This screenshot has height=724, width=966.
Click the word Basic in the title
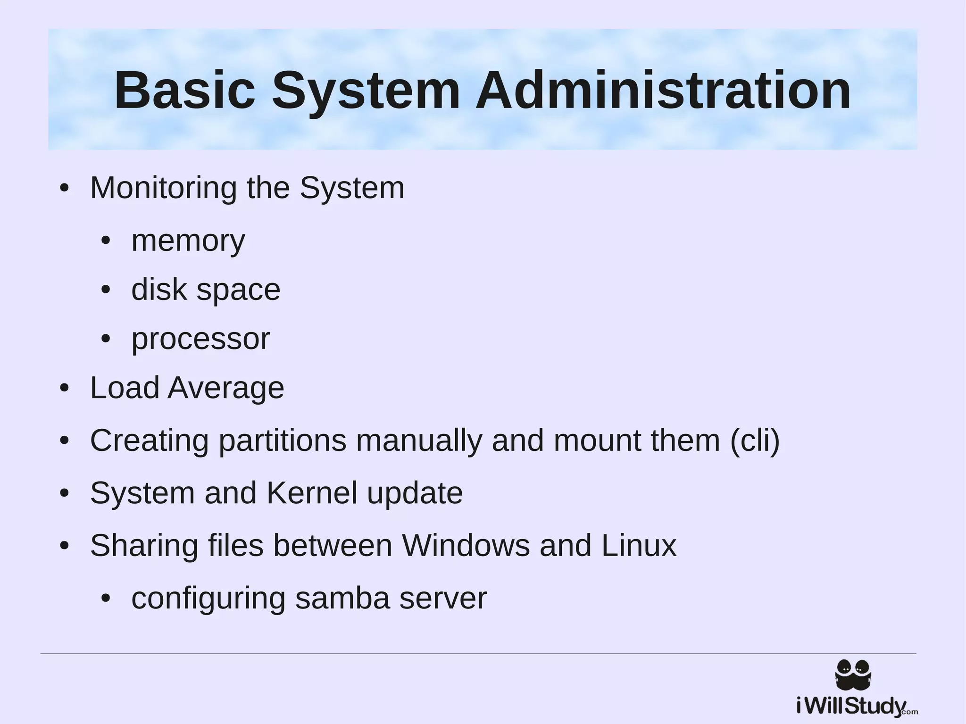pos(184,90)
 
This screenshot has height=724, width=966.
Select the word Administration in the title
pos(663,90)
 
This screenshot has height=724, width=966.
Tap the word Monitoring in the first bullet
pos(163,188)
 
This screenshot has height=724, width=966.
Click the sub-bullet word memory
pos(188,241)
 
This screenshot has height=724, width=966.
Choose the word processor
pos(200,339)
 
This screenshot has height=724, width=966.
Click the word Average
pos(226,388)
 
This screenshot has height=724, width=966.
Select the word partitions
pos(282,441)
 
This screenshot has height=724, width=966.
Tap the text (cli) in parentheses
pos(755,441)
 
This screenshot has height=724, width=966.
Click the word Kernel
pos(312,493)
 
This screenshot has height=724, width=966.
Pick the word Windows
pos(466,546)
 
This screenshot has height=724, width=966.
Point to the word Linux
pos(639,546)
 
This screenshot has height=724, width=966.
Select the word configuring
pos(208,599)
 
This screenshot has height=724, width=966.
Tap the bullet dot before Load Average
pos(65,389)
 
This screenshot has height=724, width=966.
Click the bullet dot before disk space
pos(106,290)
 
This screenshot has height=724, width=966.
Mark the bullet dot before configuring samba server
pos(106,599)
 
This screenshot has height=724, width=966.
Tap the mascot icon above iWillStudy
pos(853,674)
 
